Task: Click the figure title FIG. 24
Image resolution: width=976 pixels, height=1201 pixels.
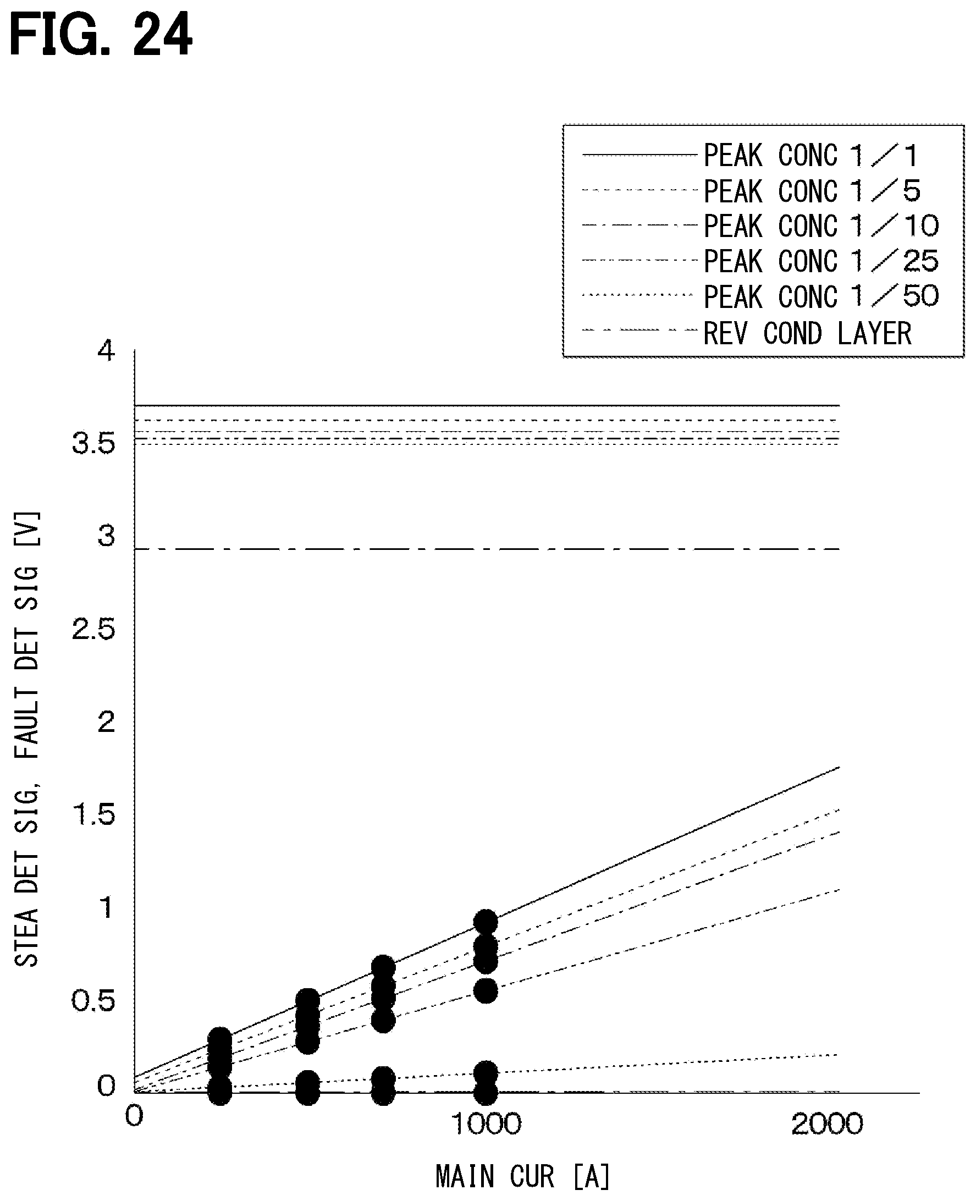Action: (101, 35)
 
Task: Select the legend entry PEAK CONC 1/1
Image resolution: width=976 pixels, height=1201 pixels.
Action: (810, 155)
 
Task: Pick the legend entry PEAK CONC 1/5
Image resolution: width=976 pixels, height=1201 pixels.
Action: (812, 191)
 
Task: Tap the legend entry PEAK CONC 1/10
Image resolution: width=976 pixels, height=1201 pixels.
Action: (821, 226)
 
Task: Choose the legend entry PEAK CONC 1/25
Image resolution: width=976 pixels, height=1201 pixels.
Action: (821, 261)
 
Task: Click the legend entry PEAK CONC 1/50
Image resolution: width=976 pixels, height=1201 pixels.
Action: (821, 296)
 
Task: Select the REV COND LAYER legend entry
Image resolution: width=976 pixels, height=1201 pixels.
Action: (807, 333)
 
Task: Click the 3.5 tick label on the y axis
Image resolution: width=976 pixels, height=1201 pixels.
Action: (93, 444)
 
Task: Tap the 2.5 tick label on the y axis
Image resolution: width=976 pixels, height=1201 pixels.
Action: (93, 629)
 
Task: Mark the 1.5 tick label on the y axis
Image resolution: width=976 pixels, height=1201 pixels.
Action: (93, 815)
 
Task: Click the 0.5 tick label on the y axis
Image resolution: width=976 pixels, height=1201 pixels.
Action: (93, 1000)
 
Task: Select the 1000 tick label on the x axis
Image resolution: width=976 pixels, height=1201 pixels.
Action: (487, 1124)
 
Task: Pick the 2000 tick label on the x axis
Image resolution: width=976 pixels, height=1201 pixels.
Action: (827, 1124)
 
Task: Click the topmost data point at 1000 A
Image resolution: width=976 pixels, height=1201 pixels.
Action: (486, 922)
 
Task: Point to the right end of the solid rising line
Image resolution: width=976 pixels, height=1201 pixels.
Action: (840, 767)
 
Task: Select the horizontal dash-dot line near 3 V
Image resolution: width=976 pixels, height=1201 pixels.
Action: (487, 549)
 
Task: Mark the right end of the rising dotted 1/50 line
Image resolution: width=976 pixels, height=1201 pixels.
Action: (839, 1055)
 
